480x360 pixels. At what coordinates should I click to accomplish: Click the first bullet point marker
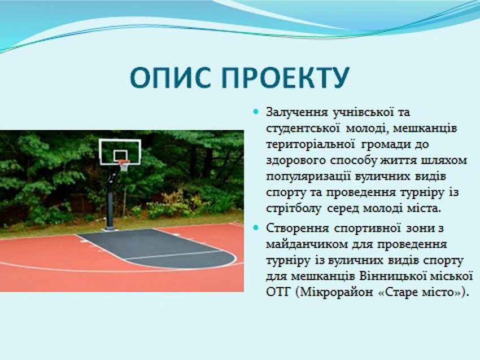coord(256,112)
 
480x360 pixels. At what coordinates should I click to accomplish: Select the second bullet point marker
coord(256,227)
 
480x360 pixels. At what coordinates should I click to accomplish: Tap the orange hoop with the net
coord(124,165)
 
